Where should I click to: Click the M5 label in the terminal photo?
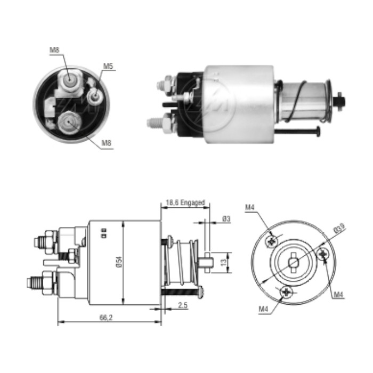[108, 66]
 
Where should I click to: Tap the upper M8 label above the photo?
[54, 50]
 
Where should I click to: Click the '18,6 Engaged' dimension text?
[185, 203]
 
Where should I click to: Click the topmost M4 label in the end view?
[250, 207]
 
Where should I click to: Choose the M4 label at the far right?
[339, 295]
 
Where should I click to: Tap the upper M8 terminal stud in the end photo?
[69, 80]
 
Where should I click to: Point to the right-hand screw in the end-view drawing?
[323, 255]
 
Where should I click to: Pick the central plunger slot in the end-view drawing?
[294, 261]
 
